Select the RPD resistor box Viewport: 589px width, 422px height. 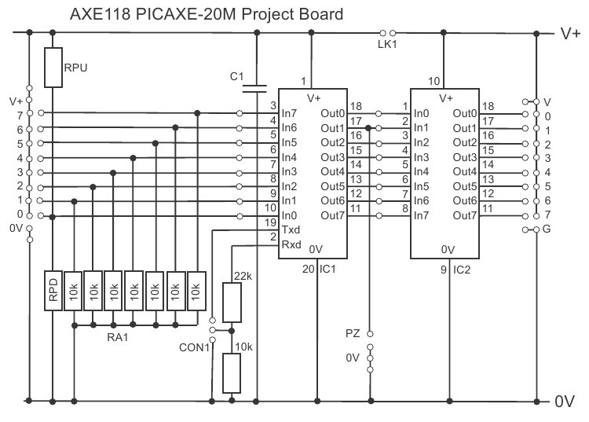53,292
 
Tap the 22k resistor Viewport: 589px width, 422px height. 232,303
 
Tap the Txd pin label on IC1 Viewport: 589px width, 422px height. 291,230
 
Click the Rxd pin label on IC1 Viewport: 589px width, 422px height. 291,244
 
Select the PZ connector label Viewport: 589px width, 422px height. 353,333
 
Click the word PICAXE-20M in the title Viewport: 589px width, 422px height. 160,14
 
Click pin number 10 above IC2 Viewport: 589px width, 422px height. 434,82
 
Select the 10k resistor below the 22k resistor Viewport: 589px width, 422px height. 232,373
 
